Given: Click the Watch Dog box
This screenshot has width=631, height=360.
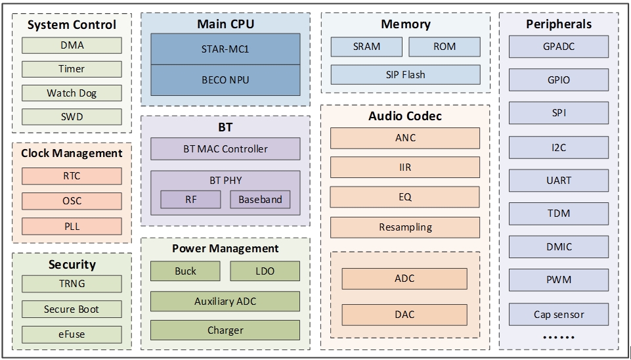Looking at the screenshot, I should (72, 93).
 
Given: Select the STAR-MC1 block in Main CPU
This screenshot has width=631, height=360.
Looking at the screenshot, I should (225, 49).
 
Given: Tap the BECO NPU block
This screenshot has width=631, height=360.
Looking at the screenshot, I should (225, 80).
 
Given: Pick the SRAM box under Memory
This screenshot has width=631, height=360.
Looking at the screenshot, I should (366, 47).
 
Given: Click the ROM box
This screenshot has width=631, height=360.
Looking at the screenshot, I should (444, 47).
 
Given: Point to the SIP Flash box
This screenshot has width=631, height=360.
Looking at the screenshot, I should (405, 75).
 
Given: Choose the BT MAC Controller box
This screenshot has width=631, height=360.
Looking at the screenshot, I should (225, 149).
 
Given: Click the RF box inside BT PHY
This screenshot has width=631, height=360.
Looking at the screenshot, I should (190, 199).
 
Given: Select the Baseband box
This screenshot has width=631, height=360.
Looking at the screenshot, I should (260, 199).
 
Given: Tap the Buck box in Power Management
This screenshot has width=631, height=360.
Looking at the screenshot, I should (186, 271).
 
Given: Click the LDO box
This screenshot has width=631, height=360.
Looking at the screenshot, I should (265, 271).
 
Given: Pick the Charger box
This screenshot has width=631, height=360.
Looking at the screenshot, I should (225, 330).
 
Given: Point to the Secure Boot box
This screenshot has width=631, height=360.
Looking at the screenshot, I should (72, 309).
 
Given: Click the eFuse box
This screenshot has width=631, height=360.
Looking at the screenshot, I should (72, 334).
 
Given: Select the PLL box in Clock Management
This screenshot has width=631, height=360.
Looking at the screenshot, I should (72, 227).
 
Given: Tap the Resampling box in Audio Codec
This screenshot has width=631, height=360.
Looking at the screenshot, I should (405, 227).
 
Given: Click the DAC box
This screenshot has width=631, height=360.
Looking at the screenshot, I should (404, 315).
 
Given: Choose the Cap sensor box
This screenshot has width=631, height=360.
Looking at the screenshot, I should (558, 314).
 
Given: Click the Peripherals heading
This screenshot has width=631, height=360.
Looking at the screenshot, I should (558, 24).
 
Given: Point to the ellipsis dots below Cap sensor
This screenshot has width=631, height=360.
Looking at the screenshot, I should (558, 337).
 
